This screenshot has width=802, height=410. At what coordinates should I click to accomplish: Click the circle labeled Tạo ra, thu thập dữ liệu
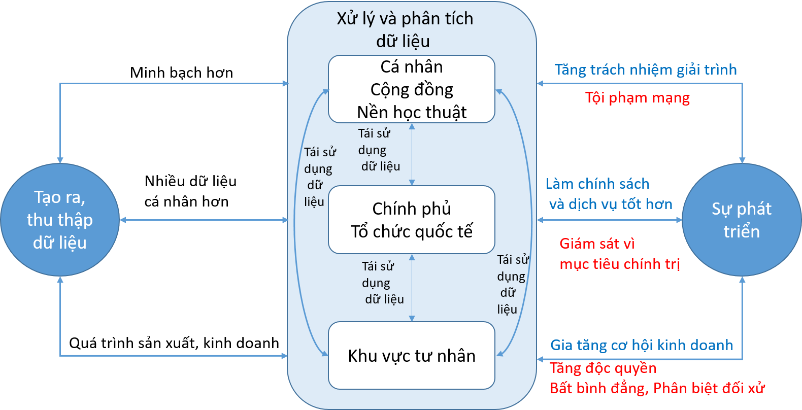(x=60, y=220)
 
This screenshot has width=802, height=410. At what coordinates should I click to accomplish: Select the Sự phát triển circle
(x=742, y=220)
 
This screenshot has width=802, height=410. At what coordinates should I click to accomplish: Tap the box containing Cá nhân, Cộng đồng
(x=412, y=89)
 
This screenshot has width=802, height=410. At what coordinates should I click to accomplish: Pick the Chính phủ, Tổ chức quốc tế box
(x=412, y=220)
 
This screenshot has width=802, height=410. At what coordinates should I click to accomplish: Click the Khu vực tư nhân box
(x=412, y=356)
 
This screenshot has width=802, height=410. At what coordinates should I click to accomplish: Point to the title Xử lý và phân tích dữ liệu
(x=405, y=29)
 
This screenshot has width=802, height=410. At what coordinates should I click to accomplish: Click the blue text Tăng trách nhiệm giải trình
(x=645, y=70)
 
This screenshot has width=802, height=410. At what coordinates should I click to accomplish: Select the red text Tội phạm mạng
(x=638, y=97)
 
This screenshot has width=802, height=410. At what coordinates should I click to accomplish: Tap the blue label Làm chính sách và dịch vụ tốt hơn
(x=609, y=194)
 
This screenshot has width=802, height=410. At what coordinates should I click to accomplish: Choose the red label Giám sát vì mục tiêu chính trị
(x=619, y=254)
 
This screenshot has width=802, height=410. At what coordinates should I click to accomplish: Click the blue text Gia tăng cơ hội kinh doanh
(x=642, y=345)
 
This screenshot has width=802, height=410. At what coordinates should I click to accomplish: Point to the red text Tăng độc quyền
(x=603, y=368)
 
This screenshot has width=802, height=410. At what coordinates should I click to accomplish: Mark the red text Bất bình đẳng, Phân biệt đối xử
(x=657, y=388)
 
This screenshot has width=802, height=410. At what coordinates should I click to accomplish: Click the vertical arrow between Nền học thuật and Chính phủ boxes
(x=412, y=154)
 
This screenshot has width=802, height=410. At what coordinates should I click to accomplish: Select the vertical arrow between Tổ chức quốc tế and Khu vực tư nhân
(x=412, y=288)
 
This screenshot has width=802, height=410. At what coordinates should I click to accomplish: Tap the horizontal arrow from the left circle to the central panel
(x=204, y=220)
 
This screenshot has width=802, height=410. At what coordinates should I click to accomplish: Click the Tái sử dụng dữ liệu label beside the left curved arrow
(x=319, y=177)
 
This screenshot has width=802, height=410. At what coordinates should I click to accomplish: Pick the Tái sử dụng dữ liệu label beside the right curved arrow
(x=512, y=284)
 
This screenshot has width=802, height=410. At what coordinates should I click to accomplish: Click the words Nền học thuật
(x=412, y=112)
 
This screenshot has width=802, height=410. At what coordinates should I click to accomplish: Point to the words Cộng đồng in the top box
(x=412, y=89)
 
